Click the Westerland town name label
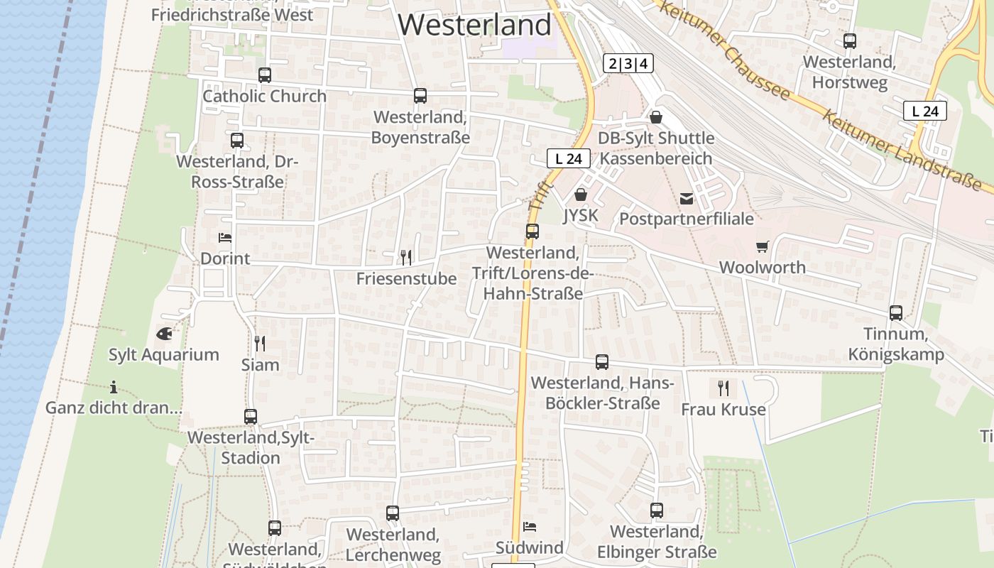474,25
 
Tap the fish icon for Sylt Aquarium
163,332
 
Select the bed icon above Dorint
225,238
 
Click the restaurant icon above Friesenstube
406,257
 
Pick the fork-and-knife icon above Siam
260,344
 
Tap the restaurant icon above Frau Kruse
723,388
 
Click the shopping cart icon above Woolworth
763,246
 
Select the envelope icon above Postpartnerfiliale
687,198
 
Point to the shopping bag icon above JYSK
581,194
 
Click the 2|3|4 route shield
628,64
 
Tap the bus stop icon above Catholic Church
265,75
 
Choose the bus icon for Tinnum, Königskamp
896,312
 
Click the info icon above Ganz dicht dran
114,387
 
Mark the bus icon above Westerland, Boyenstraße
420,95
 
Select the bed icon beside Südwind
530,526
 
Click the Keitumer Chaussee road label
725,50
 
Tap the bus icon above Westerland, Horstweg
850,40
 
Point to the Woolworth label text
763,268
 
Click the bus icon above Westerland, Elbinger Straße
657,510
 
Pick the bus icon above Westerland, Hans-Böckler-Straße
602,361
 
